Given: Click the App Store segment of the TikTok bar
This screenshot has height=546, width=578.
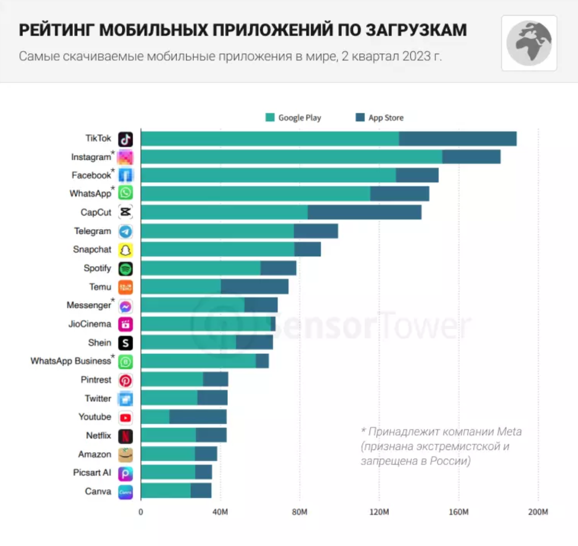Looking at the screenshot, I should pyautogui.click(x=458, y=139).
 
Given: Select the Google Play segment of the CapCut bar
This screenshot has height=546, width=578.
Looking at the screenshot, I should pyautogui.click(x=224, y=212).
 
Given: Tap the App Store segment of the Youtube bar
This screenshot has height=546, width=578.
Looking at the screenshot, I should pyautogui.click(x=198, y=417).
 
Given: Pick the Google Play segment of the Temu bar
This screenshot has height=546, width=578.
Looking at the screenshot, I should pyautogui.click(x=181, y=287).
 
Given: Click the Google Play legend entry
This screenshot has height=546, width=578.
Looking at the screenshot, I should pyautogui.click(x=293, y=118).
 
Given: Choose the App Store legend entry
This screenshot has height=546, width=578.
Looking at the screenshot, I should pyautogui.click(x=380, y=118).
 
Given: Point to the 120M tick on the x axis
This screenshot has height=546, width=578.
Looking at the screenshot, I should pyautogui.click(x=379, y=512).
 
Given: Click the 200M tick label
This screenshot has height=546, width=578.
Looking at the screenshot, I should pyautogui.click(x=538, y=512).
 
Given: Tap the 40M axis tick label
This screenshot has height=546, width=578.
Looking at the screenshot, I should pyautogui.click(x=220, y=512).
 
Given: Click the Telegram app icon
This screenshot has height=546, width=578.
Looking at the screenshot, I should pyautogui.click(x=125, y=231).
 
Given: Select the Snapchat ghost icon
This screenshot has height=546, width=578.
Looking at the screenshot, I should pyautogui.click(x=125, y=250).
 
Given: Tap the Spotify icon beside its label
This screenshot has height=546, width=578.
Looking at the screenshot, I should pyautogui.click(x=125, y=268).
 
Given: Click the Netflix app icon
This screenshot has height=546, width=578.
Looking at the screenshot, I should pyautogui.click(x=125, y=436).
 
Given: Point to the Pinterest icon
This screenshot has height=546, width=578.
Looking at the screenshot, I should pyautogui.click(x=125, y=380).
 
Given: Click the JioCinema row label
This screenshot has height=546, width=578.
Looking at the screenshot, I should pyautogui.click(x=90, y=324).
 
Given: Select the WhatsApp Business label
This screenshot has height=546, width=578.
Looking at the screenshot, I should pyautogui.click(x=71, y=361).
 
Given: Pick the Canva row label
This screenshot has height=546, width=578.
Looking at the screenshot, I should pyautogui.click(x=98, y=492).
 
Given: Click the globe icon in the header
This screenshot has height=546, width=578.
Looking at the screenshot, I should pyautogui.click(x=529, y=43).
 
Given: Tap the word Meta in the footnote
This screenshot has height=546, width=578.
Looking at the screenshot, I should pyautogui.click(x=509, y=432).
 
